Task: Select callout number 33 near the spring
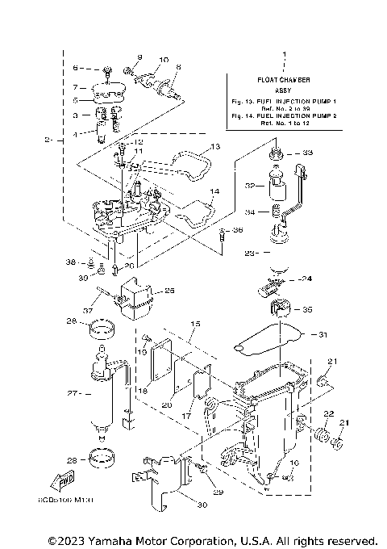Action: (x=308, y=152)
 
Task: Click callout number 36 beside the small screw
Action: (x=236, y=230)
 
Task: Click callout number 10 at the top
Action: (x=164, y=61)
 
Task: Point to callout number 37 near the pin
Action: (x=86, y=310)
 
